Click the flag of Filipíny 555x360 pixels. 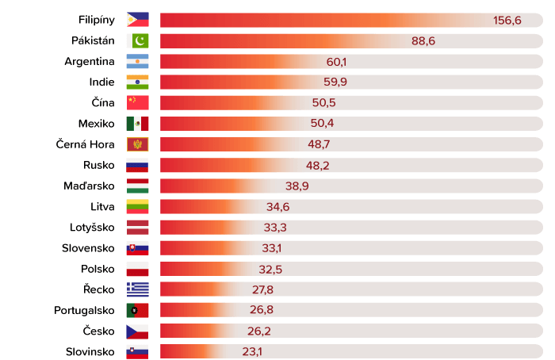(137, 20)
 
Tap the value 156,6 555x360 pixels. (507, 20)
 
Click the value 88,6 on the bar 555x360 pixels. (423, 40)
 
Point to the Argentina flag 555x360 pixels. (137, 61)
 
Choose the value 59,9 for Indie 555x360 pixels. (336, 82)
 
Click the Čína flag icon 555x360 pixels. (137, 102)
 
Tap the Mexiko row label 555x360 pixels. (97, 123)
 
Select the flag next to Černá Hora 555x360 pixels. (137, 144)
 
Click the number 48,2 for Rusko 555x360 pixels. (318, 165)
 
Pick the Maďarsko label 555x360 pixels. (90, 186)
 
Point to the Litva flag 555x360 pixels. (137, 206)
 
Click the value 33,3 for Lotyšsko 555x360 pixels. (275, 227)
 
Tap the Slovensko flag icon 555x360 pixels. (137, 247)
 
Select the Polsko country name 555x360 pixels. (98, 268)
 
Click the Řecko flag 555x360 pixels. (137, 289)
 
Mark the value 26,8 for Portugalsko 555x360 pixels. (255, 309)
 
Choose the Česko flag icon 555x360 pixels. (137, 331)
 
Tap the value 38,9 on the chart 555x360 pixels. (297, 186)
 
